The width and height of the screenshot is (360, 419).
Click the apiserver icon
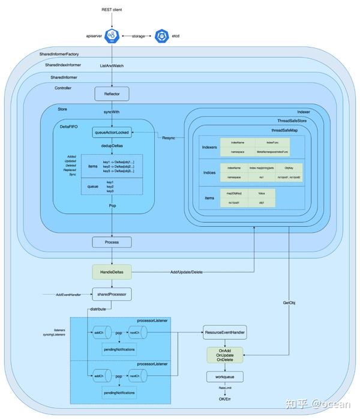112,36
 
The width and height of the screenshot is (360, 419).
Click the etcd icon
162,36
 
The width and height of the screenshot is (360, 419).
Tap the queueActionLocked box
112,132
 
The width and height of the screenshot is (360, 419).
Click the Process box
112,242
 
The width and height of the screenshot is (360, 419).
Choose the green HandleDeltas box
112,271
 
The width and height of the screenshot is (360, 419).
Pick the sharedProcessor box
112,295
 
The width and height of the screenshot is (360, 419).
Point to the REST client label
112,9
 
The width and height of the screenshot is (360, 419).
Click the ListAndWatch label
112,65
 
